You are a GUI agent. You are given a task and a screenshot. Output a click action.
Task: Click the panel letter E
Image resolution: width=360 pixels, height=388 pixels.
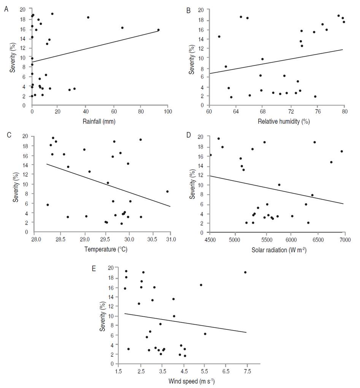94,269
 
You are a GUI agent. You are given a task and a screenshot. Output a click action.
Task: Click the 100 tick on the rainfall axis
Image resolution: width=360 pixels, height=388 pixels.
168,112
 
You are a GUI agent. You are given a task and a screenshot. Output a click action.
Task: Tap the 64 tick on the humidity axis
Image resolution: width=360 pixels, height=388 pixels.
236,112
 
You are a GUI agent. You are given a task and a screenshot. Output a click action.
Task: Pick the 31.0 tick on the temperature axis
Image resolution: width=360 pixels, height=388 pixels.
170,239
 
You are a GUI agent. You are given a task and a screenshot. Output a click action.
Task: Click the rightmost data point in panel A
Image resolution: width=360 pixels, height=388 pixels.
158,30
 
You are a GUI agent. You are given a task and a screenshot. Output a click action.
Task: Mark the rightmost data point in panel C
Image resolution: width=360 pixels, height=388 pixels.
167,191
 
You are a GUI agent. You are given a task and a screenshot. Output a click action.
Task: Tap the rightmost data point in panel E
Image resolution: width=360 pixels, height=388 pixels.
245,272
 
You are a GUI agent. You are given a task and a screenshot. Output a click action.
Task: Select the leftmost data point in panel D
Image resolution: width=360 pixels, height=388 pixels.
211,155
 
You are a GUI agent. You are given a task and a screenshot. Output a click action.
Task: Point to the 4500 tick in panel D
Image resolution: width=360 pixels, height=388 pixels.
210,239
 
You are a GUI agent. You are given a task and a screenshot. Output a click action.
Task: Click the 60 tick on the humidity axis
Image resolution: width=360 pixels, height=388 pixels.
209,112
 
